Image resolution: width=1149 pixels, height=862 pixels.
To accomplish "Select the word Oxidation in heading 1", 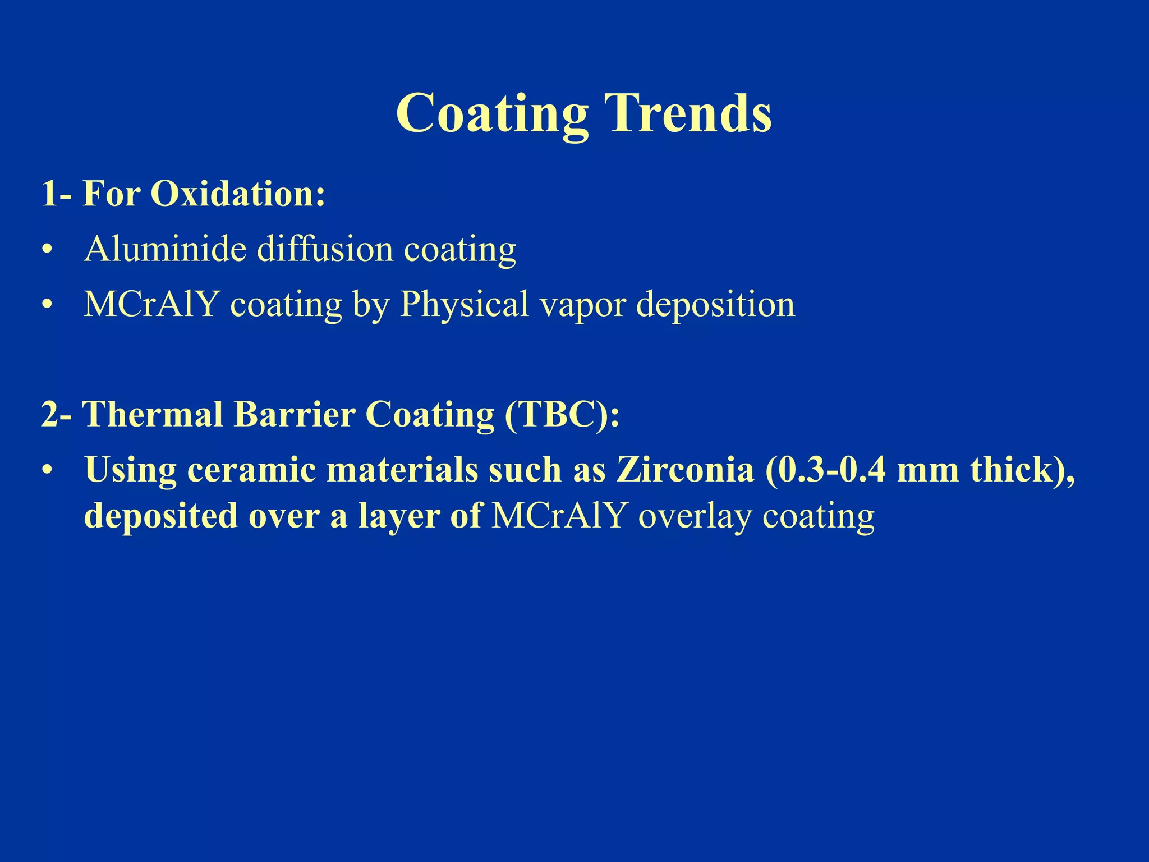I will click(238, 194).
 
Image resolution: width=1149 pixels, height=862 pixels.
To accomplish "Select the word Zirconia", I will click(685, 470).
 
